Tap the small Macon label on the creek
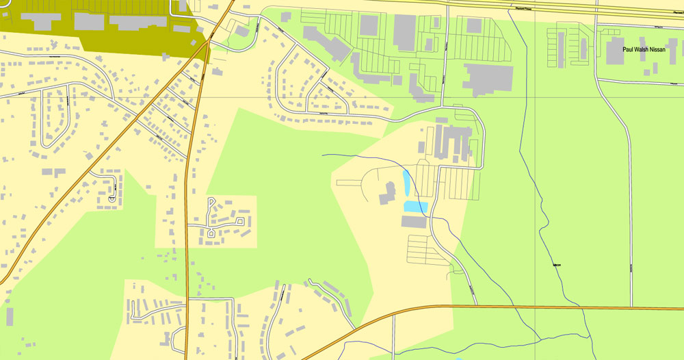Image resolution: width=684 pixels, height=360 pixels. (x=557, y=265)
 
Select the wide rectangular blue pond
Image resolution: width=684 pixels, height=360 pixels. (x=415, y=206)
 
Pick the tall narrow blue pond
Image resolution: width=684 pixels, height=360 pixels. (x=407, y=182)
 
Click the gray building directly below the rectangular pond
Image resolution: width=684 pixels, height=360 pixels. (x=414, y=222)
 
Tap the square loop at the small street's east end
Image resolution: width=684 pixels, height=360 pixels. (x=239, y=222)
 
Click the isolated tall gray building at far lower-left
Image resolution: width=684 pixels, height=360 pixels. (x=10, y=316)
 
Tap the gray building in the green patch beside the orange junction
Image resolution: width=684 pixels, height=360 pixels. (x=243, y=31)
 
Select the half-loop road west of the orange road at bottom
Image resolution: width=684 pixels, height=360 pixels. (x=180, y=339)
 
